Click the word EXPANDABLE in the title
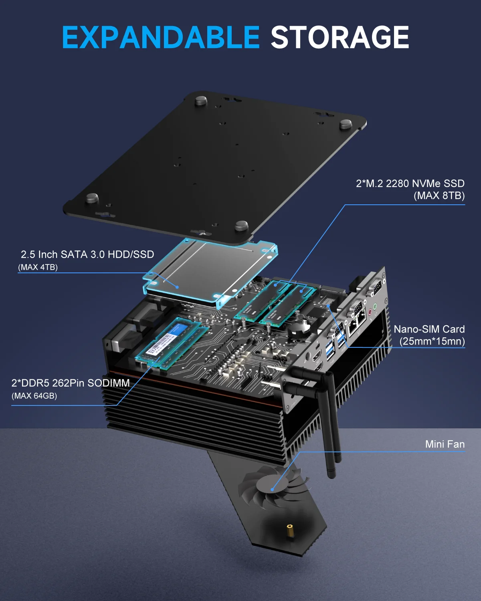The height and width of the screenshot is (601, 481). tap(161, 37)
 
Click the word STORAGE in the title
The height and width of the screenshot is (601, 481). tap(340, 37)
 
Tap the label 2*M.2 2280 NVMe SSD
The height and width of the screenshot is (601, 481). tap(410, 184)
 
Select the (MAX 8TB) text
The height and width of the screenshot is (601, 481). tap(439, 196)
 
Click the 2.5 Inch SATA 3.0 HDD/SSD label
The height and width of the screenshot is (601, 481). tap(87, 254)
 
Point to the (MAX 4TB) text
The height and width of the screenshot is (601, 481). tap(38, 267)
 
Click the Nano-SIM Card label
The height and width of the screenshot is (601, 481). tap(429, 329)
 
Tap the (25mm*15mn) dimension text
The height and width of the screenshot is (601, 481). tap(432, 341)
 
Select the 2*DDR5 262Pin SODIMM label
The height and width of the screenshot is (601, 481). tap(71, 383)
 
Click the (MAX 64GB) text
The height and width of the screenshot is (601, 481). tap(34, 396)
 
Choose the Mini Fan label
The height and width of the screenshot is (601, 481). tap(445, 444)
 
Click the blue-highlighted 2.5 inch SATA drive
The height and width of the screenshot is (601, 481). tap(208, 272)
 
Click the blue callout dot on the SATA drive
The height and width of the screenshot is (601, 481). tap(177, 287)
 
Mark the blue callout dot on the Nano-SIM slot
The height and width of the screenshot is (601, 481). tap(328, 306)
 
